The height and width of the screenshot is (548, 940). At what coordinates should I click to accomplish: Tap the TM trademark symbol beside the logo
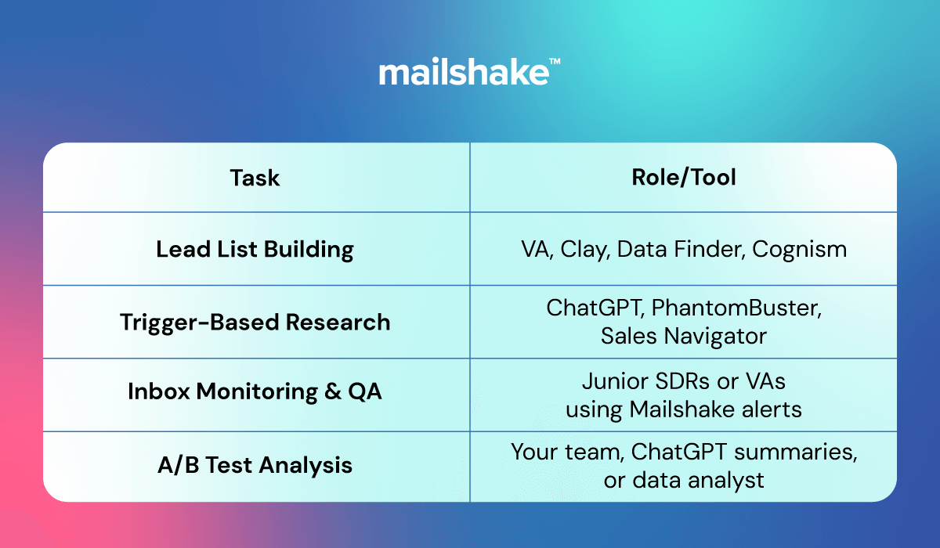555,61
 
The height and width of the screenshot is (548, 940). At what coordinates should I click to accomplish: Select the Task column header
255,178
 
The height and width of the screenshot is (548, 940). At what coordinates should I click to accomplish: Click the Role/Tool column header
684,178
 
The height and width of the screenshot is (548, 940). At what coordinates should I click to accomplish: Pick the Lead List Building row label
255,250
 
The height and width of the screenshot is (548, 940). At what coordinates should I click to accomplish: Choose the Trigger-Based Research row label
255,323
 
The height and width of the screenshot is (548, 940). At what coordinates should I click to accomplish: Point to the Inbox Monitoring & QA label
255,392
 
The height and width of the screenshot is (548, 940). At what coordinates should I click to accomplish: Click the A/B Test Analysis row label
255,465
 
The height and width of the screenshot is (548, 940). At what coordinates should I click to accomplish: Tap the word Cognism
799,250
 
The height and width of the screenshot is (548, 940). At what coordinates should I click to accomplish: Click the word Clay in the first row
584,250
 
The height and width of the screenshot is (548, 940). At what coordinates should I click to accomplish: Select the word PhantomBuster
736,308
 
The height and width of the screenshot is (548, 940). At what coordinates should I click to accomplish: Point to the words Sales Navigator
684,337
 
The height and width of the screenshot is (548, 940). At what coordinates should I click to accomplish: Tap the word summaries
795,452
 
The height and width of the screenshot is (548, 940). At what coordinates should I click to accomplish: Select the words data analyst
698,481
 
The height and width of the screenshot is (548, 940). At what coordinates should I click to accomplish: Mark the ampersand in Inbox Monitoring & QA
333,391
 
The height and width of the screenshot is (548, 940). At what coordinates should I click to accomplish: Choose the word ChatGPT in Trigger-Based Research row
595,308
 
